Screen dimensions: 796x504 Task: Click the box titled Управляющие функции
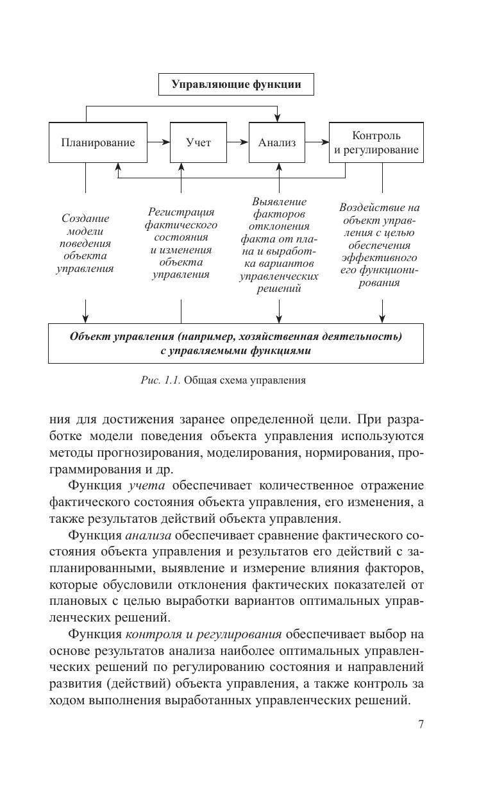(x=236, y=84)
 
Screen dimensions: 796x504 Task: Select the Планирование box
(x=98, y=142)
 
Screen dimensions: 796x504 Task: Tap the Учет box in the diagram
(x=198, y=142)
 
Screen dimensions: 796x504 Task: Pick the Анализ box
(x=277, y=142)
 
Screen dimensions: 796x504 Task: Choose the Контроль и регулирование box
(x=376, y=142)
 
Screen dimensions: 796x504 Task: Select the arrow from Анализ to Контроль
(x=317, y=142)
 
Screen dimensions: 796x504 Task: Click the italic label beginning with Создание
(x=85, y=243)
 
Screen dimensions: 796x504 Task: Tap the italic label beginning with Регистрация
(x=181, y=243)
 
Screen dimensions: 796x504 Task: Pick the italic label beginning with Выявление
(x=279, y=245)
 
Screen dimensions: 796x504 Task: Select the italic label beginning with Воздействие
(x=379, y=245)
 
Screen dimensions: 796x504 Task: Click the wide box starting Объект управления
(x=235, y=343)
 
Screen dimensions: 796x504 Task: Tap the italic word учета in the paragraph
(x=147, y=486)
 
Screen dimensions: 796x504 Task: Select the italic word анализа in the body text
(x=148, y=535)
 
